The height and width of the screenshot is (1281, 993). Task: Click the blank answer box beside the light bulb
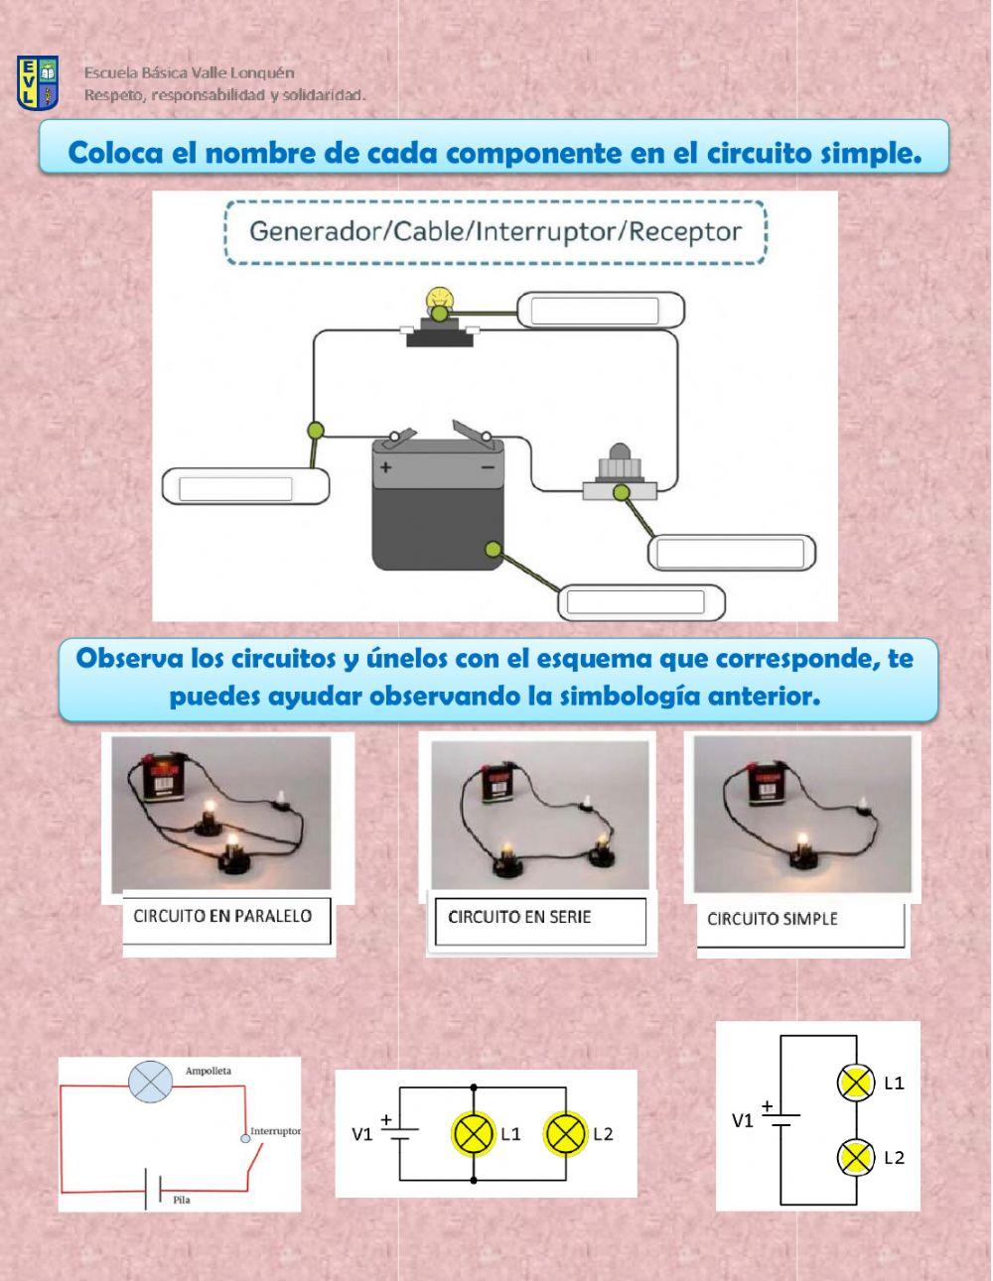tap(595, 311)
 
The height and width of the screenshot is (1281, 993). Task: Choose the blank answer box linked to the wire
tap(235, 488)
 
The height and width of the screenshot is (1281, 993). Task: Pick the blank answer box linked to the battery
tap(633, 601)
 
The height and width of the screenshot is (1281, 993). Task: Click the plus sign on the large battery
tap(385, 467)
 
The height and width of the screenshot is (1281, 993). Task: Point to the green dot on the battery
tap(492, 549)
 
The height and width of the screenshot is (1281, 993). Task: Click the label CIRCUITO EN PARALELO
tap(222, 916)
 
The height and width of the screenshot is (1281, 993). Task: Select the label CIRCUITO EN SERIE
tap(519, 917)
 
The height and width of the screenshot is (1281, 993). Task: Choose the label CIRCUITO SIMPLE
tap(772, 919)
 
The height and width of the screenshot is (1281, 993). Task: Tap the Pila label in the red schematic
tap(181, 1200)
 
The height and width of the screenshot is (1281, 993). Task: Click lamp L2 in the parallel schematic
tap(566, 1133)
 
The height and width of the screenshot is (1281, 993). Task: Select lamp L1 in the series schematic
tap(855, 1083)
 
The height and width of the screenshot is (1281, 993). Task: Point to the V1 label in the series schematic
tap(742, 1120)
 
